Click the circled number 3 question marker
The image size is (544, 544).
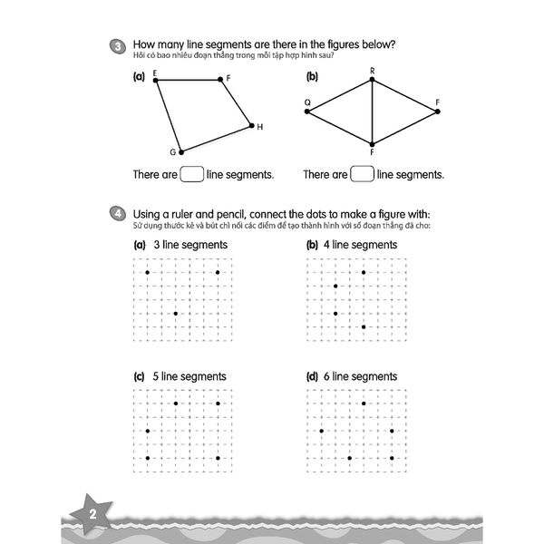(x=117, y=45)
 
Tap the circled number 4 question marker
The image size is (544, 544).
(x=117, y=213)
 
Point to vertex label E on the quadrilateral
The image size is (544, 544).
(x=155, y=73)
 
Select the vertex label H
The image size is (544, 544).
(x=259, y=127)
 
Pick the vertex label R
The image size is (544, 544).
(x=372, y=71)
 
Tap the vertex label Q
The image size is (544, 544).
(x=307, y=102)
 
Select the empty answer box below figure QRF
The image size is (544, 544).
(x=362, y=173)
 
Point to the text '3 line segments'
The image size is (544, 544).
(x=190, y=245)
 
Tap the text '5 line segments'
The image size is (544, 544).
(x=190, y=376)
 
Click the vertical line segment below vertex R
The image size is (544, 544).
(x=373, y=113)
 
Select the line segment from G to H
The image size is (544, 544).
(x=217, y=138)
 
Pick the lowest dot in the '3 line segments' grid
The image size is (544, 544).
(x=175, y=314)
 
